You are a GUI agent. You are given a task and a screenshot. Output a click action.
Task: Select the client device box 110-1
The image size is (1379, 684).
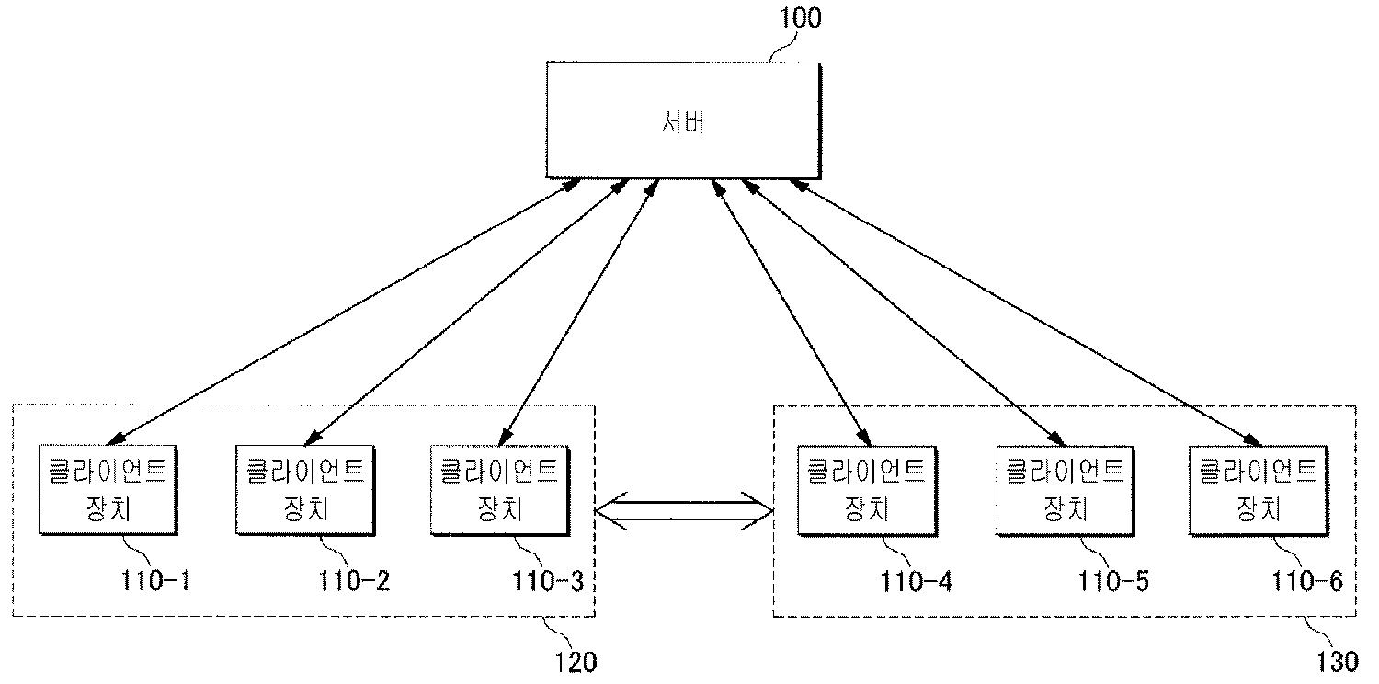(x=108, y=490)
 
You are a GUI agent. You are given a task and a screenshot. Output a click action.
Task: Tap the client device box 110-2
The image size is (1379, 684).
(x=305, y=490)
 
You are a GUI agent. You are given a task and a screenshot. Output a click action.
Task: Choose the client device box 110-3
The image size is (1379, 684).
(x=499, y=490)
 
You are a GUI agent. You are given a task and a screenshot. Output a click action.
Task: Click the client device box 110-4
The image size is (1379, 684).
(x=867, y=490)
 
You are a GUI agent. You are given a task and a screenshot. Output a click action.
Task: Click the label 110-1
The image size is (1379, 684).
(x=159, y=581)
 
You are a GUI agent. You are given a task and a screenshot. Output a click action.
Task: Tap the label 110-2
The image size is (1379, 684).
(x=355, y=581)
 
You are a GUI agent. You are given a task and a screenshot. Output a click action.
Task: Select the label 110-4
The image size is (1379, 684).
(x=917, y=581)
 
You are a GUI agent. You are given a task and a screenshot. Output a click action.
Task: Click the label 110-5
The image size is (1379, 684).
(x=1113, y=581)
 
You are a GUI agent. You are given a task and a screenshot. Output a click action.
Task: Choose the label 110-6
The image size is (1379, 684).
(x=1307, y=581)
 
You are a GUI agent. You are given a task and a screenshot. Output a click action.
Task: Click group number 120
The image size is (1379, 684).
(x=576, y=661)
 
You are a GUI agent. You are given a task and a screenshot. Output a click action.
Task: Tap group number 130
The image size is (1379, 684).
(x=1336, y=661)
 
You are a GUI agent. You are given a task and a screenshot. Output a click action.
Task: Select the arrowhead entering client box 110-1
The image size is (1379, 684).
(x=117, y=439)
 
